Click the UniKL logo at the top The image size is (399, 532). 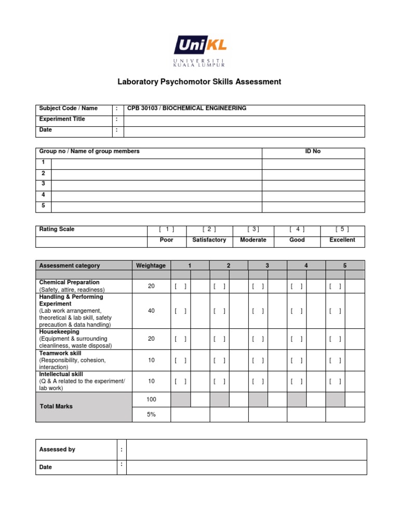[200, 50]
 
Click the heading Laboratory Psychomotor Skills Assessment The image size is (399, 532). [199, 82]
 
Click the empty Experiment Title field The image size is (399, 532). [244, 119]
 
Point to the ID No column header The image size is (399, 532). [313, 152]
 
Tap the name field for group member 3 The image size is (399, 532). [156, 184]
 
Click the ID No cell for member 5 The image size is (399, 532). [313, 206]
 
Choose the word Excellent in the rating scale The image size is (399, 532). [342, 240]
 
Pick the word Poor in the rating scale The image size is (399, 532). [167, 240]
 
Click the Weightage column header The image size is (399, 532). [151, 265]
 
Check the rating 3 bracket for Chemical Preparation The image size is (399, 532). [258, 286]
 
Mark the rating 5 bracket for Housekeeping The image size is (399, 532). [335, 339]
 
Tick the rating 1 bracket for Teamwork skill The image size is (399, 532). [181, 360]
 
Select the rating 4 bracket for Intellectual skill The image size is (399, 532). [297, 381]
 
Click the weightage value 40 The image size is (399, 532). [151, 311]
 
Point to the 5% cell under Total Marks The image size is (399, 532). [151, 414]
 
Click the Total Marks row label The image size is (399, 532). [56, 406]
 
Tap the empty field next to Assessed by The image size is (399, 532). [246, 450]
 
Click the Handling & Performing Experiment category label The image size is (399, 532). [71, 300]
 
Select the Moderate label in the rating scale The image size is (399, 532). [253, 240]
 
